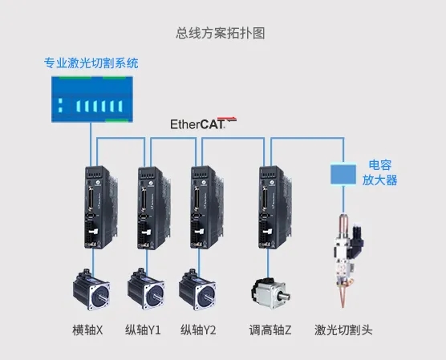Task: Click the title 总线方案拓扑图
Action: click(x=221, y=33)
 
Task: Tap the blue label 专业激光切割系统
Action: click(x=91, y=63)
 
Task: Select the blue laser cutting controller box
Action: click(x=92, y=99)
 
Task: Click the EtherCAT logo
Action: click(x=204, y=123)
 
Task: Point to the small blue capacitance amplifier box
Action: click(x=343, y=174)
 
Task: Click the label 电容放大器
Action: click(x=379, y=172)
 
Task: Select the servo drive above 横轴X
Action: click(x=101, y=207)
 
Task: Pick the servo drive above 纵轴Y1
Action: click(x=154, y=208)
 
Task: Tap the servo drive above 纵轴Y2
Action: click(x=207, y=208)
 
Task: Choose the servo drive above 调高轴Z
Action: click(x=276, y=208)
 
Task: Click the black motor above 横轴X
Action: click(x=91, y=289)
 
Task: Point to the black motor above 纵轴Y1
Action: click(x=146, y=289)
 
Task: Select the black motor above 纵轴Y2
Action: click(x=197, y=289)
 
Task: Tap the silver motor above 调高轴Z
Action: click(x=270, y=293)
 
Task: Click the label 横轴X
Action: click(x=87, y=330)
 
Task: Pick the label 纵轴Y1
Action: click(x=143, y=330)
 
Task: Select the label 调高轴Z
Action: click(x=270, y=330)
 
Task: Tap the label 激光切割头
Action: click(x=343, y=330)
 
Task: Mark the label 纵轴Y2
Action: click(x=198, y=330)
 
